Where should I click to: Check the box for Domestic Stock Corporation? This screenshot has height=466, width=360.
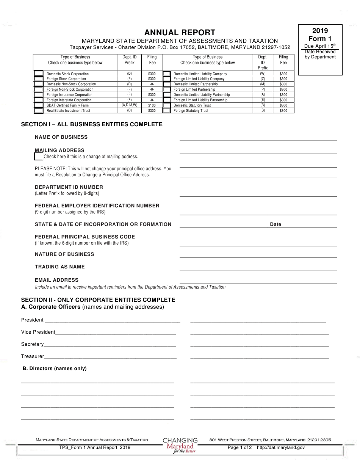pos(39,74)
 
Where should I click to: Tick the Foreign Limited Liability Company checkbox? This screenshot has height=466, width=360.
pos(166,79)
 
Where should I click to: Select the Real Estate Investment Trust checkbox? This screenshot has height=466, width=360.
pos(39,111)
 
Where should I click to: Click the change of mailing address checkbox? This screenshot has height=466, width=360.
pos(39,156)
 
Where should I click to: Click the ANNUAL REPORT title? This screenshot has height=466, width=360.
pos(180,33)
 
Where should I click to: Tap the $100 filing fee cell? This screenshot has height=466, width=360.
pos(152,105)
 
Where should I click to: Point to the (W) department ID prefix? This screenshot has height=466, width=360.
pos(263,74)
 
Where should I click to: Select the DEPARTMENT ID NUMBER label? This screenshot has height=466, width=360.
pos(69,187)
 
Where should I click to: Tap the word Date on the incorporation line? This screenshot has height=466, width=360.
pos(275,224)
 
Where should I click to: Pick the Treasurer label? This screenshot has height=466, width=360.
pos(33,356)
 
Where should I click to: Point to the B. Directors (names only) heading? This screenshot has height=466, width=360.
pos(55,369)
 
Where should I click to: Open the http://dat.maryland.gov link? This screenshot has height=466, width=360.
pos(281,447)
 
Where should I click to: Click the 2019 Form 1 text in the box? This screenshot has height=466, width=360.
pos(320,35)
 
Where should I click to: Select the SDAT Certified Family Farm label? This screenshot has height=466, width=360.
pos(67,105)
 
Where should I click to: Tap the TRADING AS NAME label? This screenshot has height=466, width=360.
pos(60,267)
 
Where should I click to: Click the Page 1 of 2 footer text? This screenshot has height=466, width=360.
pos(239,447)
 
